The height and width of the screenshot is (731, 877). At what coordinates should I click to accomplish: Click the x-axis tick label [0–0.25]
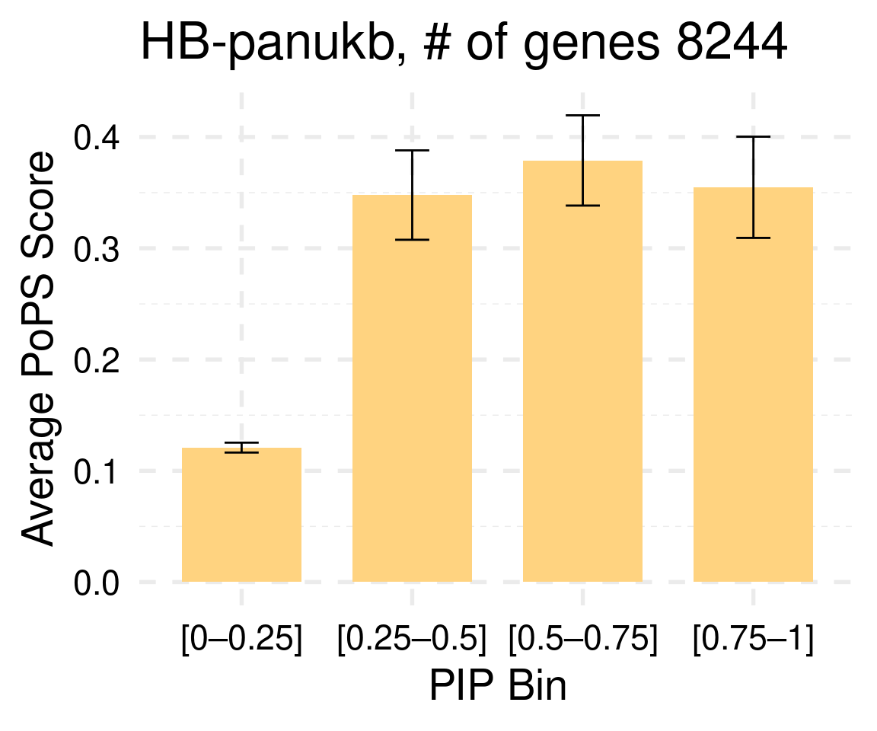coord(241,640)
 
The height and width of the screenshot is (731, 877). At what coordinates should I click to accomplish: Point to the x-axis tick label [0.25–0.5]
coord(412,640)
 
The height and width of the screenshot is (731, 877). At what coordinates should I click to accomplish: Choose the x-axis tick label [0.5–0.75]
coord(582,640)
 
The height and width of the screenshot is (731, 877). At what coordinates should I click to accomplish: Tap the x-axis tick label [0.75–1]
coord(753,640)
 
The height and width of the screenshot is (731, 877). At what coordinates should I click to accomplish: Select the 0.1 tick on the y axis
coord(98,471)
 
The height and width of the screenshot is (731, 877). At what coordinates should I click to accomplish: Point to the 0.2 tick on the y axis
coord(98,360)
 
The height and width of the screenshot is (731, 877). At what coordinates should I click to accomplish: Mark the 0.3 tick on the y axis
coord(98,249)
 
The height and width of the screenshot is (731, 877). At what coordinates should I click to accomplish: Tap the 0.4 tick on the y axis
coord(98,138)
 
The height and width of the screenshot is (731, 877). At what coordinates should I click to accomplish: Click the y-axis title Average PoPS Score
coord(38,349)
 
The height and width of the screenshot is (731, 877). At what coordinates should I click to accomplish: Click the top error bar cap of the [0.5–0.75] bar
coord(582,115)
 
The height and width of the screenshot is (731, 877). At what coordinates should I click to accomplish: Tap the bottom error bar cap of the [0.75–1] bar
coord(753,238)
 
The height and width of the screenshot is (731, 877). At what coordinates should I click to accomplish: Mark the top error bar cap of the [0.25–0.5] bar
coord(412,151)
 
